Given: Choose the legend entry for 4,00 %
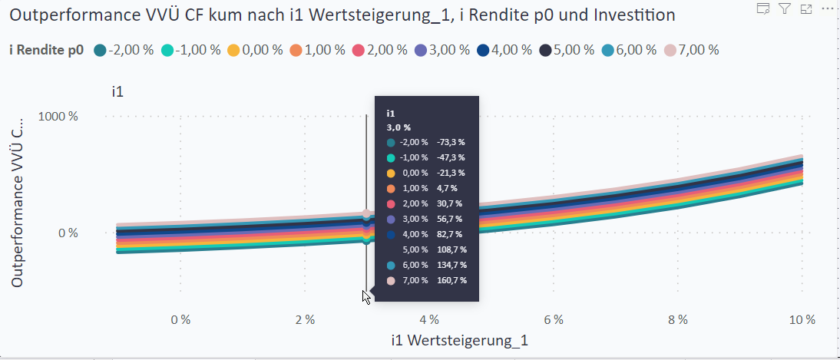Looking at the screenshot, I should [x=510, y=50].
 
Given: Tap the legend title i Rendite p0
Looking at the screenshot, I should [x=46, y=50].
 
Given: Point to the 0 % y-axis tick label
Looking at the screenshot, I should [x=68, y=233].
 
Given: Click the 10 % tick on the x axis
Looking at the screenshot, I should [x=802, y=319].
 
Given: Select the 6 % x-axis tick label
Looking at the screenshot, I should [x=554, y=319].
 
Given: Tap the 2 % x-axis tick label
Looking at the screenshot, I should [x=305, y=319].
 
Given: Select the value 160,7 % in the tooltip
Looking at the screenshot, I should [x=451, y=280].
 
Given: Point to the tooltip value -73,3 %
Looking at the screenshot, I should [x=451, y=142].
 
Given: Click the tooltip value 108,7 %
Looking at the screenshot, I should [x=451, y=249].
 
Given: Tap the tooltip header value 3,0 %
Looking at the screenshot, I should [x=399, y=127].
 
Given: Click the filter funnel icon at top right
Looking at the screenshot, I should [x=784, y=8].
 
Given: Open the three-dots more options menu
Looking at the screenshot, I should [x=827, y=8].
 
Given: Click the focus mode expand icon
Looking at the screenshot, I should [x=805, y=8].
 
